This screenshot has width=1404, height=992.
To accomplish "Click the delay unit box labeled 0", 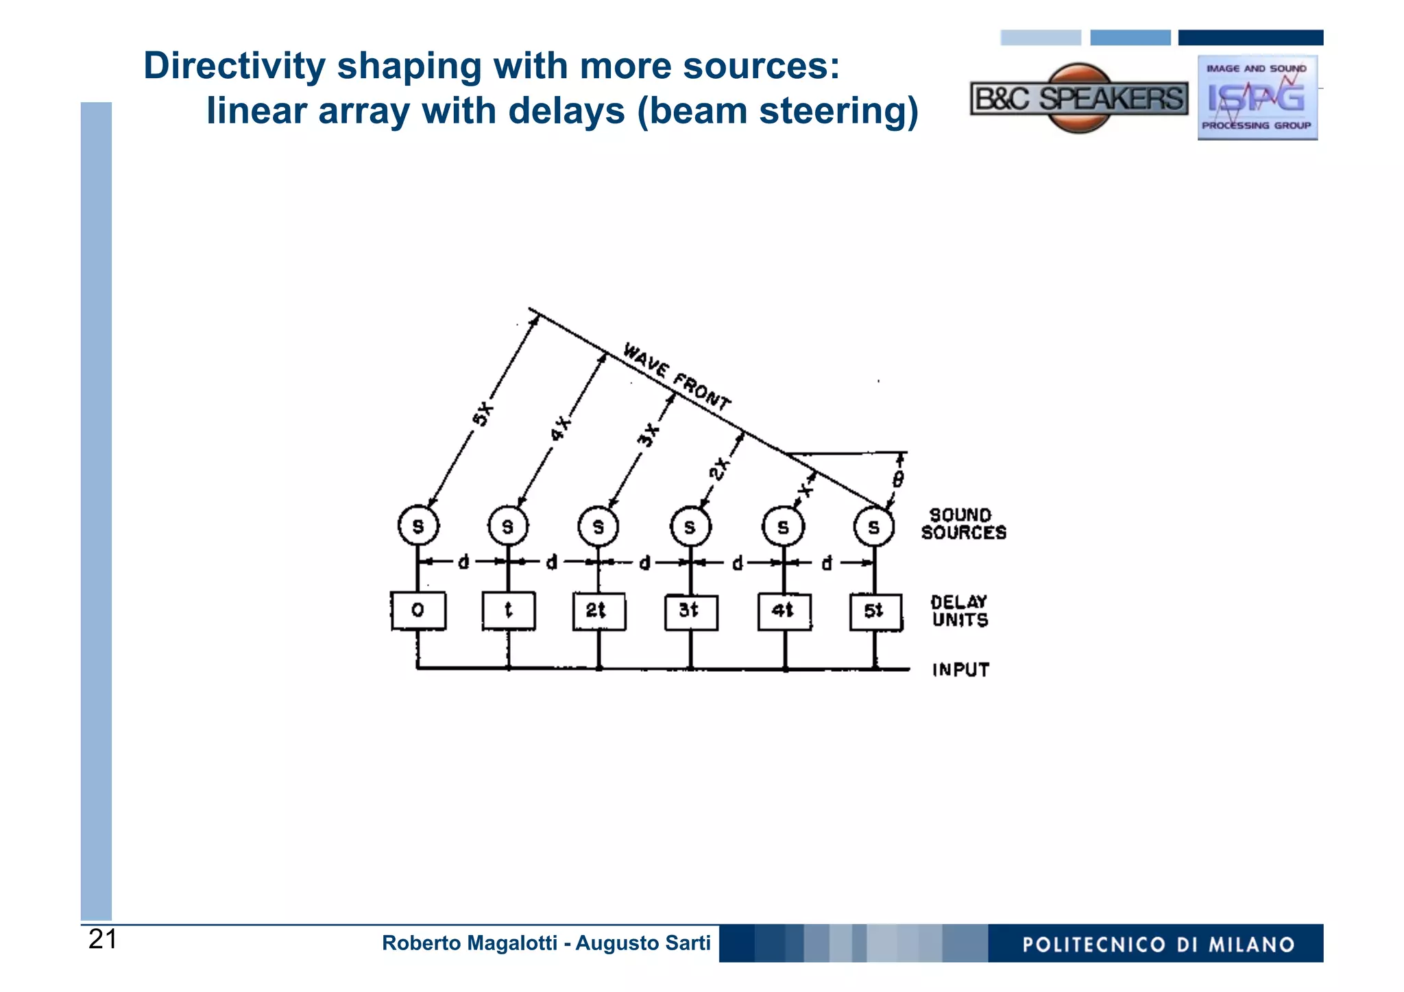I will (418, 610).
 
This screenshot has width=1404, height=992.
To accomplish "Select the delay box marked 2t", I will (598, 611).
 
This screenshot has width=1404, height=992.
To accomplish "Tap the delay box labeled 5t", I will (875, 612).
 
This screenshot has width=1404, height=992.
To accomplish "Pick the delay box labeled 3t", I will (691, 612).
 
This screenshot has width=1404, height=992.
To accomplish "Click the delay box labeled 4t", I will (784, 612).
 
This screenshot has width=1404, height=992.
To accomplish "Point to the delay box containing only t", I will (509, 610).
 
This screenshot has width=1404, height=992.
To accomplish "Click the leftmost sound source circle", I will (418, 527).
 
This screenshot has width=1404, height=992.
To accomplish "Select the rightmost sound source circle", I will (874, 527).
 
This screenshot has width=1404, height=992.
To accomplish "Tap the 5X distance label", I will (483, 414).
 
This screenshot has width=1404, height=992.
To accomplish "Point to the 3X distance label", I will (649, 435).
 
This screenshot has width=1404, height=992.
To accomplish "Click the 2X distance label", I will (719, 470).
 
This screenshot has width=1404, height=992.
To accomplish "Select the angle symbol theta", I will (898, 479).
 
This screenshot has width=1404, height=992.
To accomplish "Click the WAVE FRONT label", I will (677, 376).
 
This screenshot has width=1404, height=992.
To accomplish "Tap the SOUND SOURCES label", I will (963, 524).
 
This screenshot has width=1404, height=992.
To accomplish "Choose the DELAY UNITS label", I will (960, 611).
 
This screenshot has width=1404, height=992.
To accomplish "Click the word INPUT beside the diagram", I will (960, 670).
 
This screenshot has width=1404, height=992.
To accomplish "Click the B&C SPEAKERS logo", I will (1079, 99).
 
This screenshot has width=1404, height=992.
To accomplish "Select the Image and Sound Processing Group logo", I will (1257, 98).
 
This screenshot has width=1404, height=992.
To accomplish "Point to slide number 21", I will (103, 939).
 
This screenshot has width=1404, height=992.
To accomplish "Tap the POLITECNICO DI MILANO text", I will (1158, 945).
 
